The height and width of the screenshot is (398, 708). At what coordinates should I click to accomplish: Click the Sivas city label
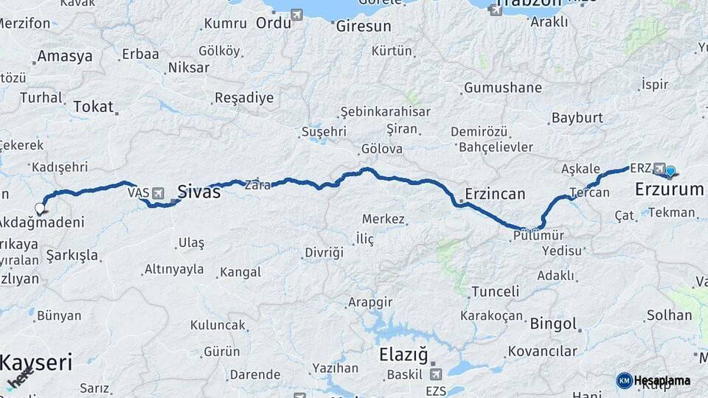[x=198, y=192]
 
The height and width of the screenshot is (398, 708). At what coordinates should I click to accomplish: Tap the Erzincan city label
[x=494, y=195]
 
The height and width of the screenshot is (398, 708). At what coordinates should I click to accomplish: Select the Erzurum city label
[x=669, y=190]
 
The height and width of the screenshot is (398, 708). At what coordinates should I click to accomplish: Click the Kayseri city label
[x=35, y=363]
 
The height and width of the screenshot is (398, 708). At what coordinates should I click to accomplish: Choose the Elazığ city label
[x=403, y=355]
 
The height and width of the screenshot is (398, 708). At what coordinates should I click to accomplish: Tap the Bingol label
[x=553, y=324]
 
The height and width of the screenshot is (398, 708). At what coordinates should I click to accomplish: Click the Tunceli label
[x=496, y=291]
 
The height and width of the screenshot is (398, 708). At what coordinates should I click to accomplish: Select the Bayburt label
[x=577, y=118]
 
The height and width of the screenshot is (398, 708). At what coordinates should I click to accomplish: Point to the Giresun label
[x=363, y=26]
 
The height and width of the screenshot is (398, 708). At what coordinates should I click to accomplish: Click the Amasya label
[x=65, y=56]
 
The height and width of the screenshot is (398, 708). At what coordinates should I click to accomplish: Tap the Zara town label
[x=257, y=185]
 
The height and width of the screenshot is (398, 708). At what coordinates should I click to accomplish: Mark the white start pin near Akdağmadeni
[x=40, y=209]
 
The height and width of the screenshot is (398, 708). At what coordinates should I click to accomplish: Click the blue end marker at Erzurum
[x=670, y=172]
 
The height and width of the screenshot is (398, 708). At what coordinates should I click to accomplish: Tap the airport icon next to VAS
[x=159, y=192]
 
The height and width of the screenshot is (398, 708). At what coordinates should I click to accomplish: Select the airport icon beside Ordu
[x=296, y=15]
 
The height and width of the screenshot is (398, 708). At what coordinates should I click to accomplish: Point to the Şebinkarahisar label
[x=385, y=111]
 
